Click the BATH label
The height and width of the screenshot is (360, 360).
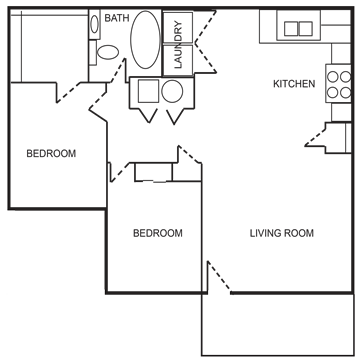[x=117, y=18]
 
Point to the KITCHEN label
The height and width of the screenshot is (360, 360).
[x=294, y=84]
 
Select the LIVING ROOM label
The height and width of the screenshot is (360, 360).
[x=282, y=234]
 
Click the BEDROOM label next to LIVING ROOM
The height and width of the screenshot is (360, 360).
[x=158, y=234]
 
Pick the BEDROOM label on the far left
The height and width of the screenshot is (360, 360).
[x=52, y=154]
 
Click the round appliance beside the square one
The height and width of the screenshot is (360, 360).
[x=172, y=92]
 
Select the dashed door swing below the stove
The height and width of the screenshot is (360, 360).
[x=328, y=137]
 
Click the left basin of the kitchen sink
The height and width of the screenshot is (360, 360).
[x=291, y=28]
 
